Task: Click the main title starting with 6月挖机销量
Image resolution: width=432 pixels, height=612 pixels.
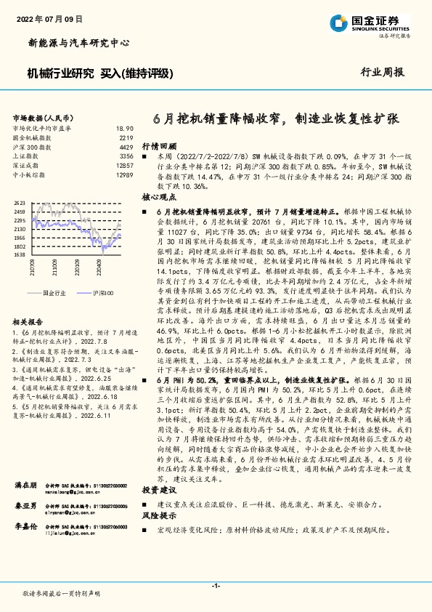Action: (x=277, y=118)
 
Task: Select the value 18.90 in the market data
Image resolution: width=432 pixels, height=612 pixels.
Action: (x=125, y=127)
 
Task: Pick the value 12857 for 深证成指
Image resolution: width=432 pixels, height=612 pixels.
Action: (x=124, y=166)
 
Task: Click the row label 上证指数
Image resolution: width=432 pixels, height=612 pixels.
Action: (x=28, y=156)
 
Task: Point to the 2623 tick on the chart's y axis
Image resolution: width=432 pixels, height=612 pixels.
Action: (x=20, y=203)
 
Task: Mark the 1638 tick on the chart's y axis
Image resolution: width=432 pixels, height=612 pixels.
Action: (x=20, y=254)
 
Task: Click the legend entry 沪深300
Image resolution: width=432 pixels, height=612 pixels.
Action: (x=103, y=291)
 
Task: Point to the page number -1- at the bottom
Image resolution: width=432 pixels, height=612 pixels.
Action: (x=216, y=585)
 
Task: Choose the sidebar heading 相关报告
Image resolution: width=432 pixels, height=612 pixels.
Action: (x=30, y=321)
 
